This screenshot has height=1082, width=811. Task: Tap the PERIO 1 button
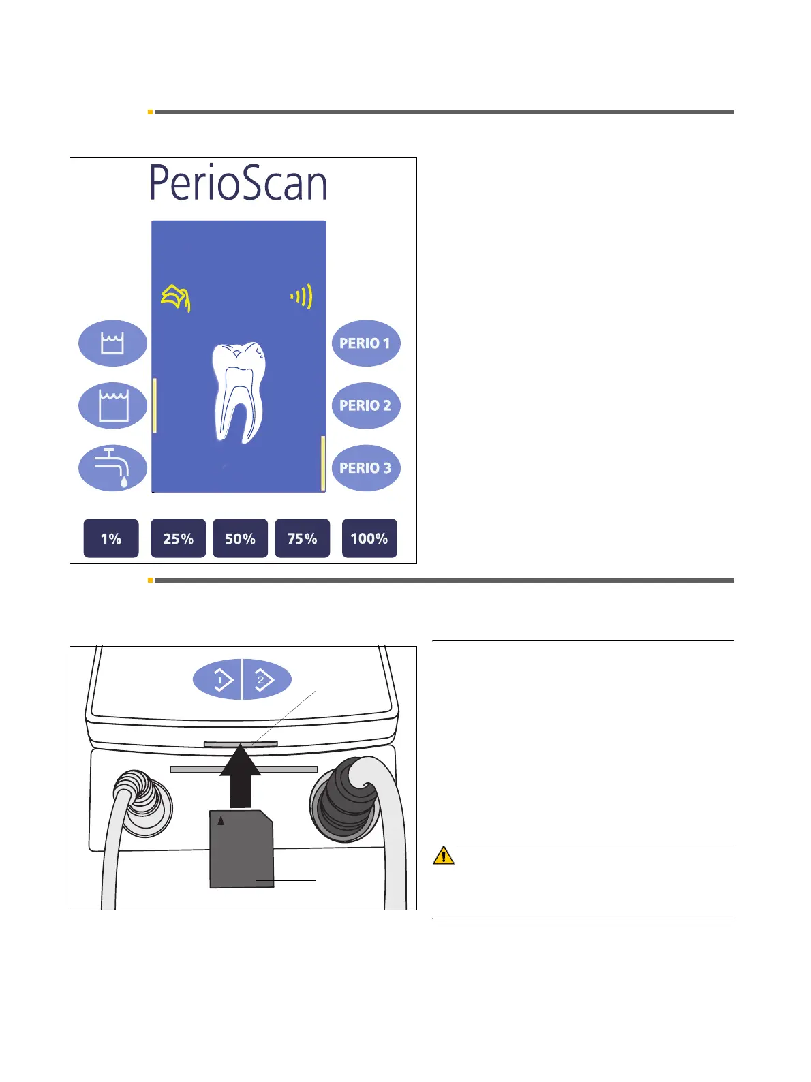pyautogui.click(x=366, y=343)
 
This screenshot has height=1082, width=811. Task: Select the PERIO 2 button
pyautogui.click(x=366, y=405)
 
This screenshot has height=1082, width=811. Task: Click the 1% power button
pyautogui.click(x=111, y=538)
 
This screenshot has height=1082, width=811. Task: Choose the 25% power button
pyautogui.click(x=178, y=538)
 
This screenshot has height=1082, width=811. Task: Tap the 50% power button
pyautogui.click(x=240, y=538)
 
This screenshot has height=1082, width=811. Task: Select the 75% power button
pyautogui.click(x=302, y=538)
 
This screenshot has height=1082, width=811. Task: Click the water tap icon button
pyautogui.click(x=112, y=468)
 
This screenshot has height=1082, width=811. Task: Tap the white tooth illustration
pyautogui.click(x=238, y=392)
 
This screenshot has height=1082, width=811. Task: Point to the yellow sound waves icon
pyautogui.click(x=302, y=296)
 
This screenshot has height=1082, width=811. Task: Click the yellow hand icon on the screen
pyautogui.click(x=176, y=298)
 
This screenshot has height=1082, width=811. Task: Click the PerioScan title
pyautogui.click(x=238, y=183)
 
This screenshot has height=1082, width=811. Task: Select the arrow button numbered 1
pyautogui.click(x=217, y=679)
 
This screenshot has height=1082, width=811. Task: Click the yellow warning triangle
pyautogui.click(x=444, y=855)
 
